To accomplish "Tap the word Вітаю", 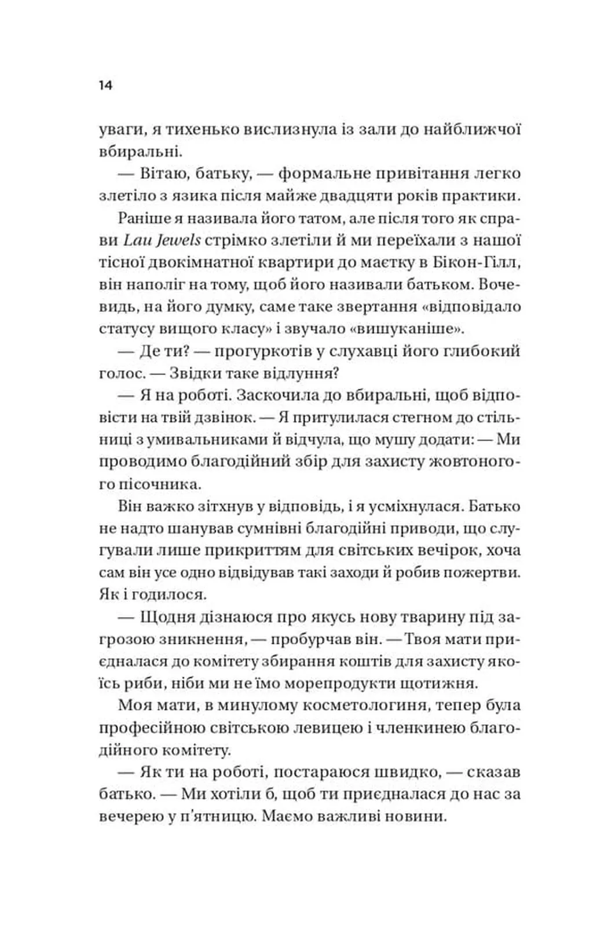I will click(x=168, y=173).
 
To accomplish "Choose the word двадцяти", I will click(x=353, y=196).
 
